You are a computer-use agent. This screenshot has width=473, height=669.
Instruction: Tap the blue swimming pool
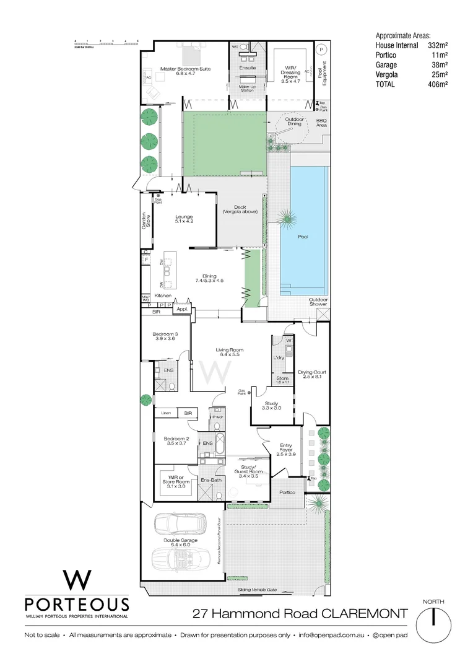[303, 235]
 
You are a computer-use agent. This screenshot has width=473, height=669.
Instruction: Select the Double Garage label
[180, 541]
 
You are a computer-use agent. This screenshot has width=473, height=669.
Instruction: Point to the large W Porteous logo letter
[77, 580]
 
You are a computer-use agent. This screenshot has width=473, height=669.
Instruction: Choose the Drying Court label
[312, 374]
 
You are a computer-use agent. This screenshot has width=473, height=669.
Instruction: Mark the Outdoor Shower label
[319, 303]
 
